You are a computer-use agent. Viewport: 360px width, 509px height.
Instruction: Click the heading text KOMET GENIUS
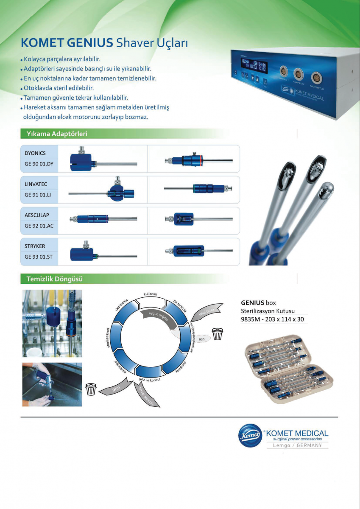[x=67, y=43]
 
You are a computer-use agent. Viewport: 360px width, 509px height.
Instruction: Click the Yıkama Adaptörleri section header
[x=57, y=134]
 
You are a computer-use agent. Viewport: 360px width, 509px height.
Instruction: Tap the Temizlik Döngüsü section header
[x=54, y=279]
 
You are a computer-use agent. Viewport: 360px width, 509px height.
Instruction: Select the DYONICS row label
[x=35, y=153]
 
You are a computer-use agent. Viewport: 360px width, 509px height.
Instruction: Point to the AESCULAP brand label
[x=37, y=215]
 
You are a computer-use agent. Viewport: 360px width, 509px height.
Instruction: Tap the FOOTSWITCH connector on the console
[x=316, y=78]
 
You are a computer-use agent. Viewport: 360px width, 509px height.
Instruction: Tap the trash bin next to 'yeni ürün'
[x=218, y=333]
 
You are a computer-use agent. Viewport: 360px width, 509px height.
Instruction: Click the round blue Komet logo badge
[x=250, y=435]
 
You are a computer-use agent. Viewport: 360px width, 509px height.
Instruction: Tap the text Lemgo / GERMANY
[x=297, y=445]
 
